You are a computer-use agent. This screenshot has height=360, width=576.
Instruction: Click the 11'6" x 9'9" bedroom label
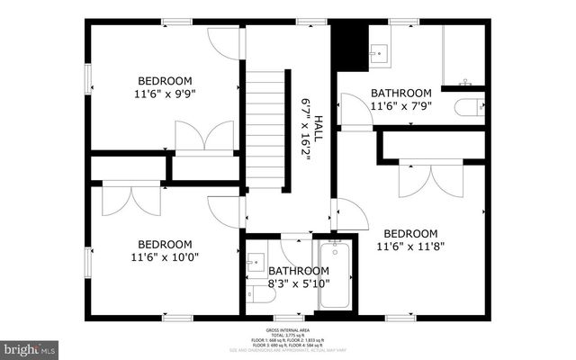click(x=165, y=85)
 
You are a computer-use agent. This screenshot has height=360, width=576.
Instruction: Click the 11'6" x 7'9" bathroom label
click(x=401, y=99)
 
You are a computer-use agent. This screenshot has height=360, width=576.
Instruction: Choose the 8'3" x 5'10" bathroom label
click(x=298, y=277)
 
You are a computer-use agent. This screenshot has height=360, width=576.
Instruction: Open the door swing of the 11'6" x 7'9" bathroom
click(x=354, y=117)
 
